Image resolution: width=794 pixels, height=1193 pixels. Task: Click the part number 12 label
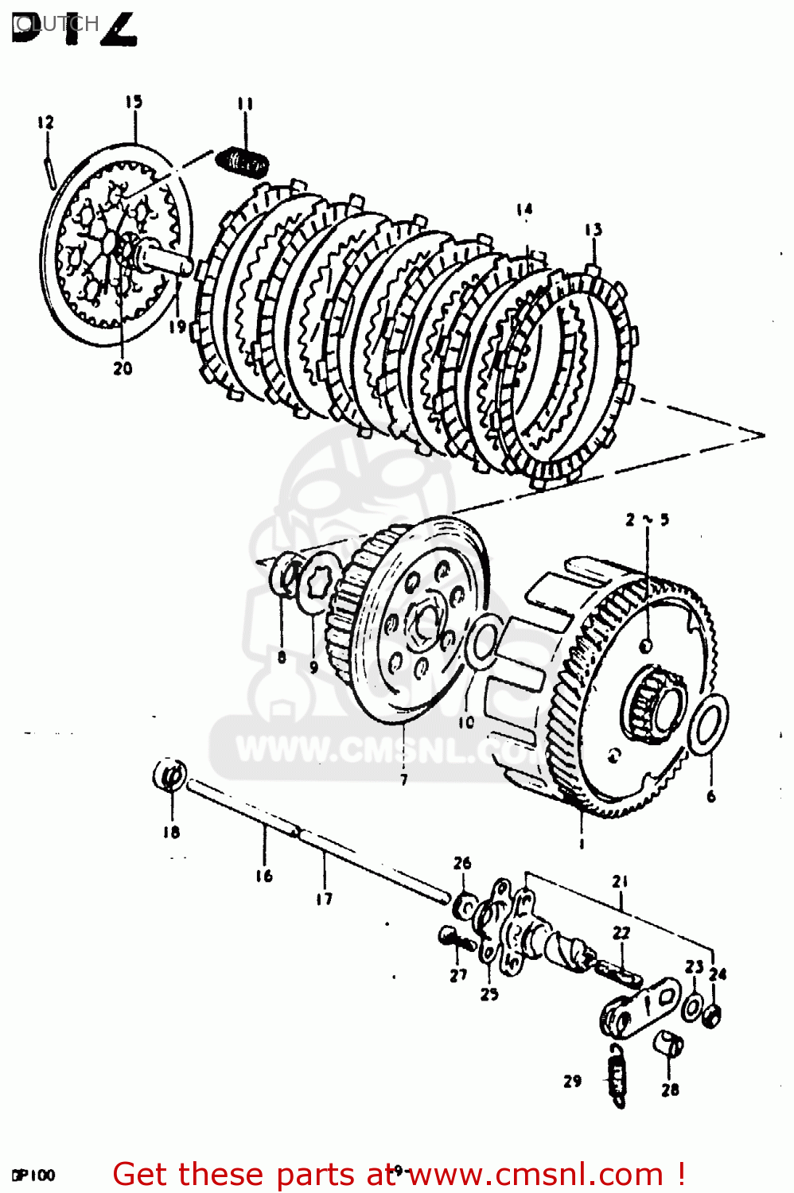click(x=45, y=122)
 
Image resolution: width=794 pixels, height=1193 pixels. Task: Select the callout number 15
click(x=134, y=101)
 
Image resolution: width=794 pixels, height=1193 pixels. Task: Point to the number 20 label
click(x=123, y=368)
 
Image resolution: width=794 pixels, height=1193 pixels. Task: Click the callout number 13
click(x=593, y=230)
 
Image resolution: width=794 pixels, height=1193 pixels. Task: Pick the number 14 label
click(x=523, y=210)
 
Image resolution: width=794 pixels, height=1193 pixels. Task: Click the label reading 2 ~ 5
click(x=647, y=519)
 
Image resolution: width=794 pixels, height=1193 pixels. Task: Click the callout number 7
click(x=403, y=779)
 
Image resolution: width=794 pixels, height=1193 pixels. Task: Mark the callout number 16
click(x=264, y=876)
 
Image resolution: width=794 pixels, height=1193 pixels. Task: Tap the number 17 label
click(x=324, y=899)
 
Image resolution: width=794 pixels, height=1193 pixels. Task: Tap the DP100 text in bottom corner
click(x=33, y=1176)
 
